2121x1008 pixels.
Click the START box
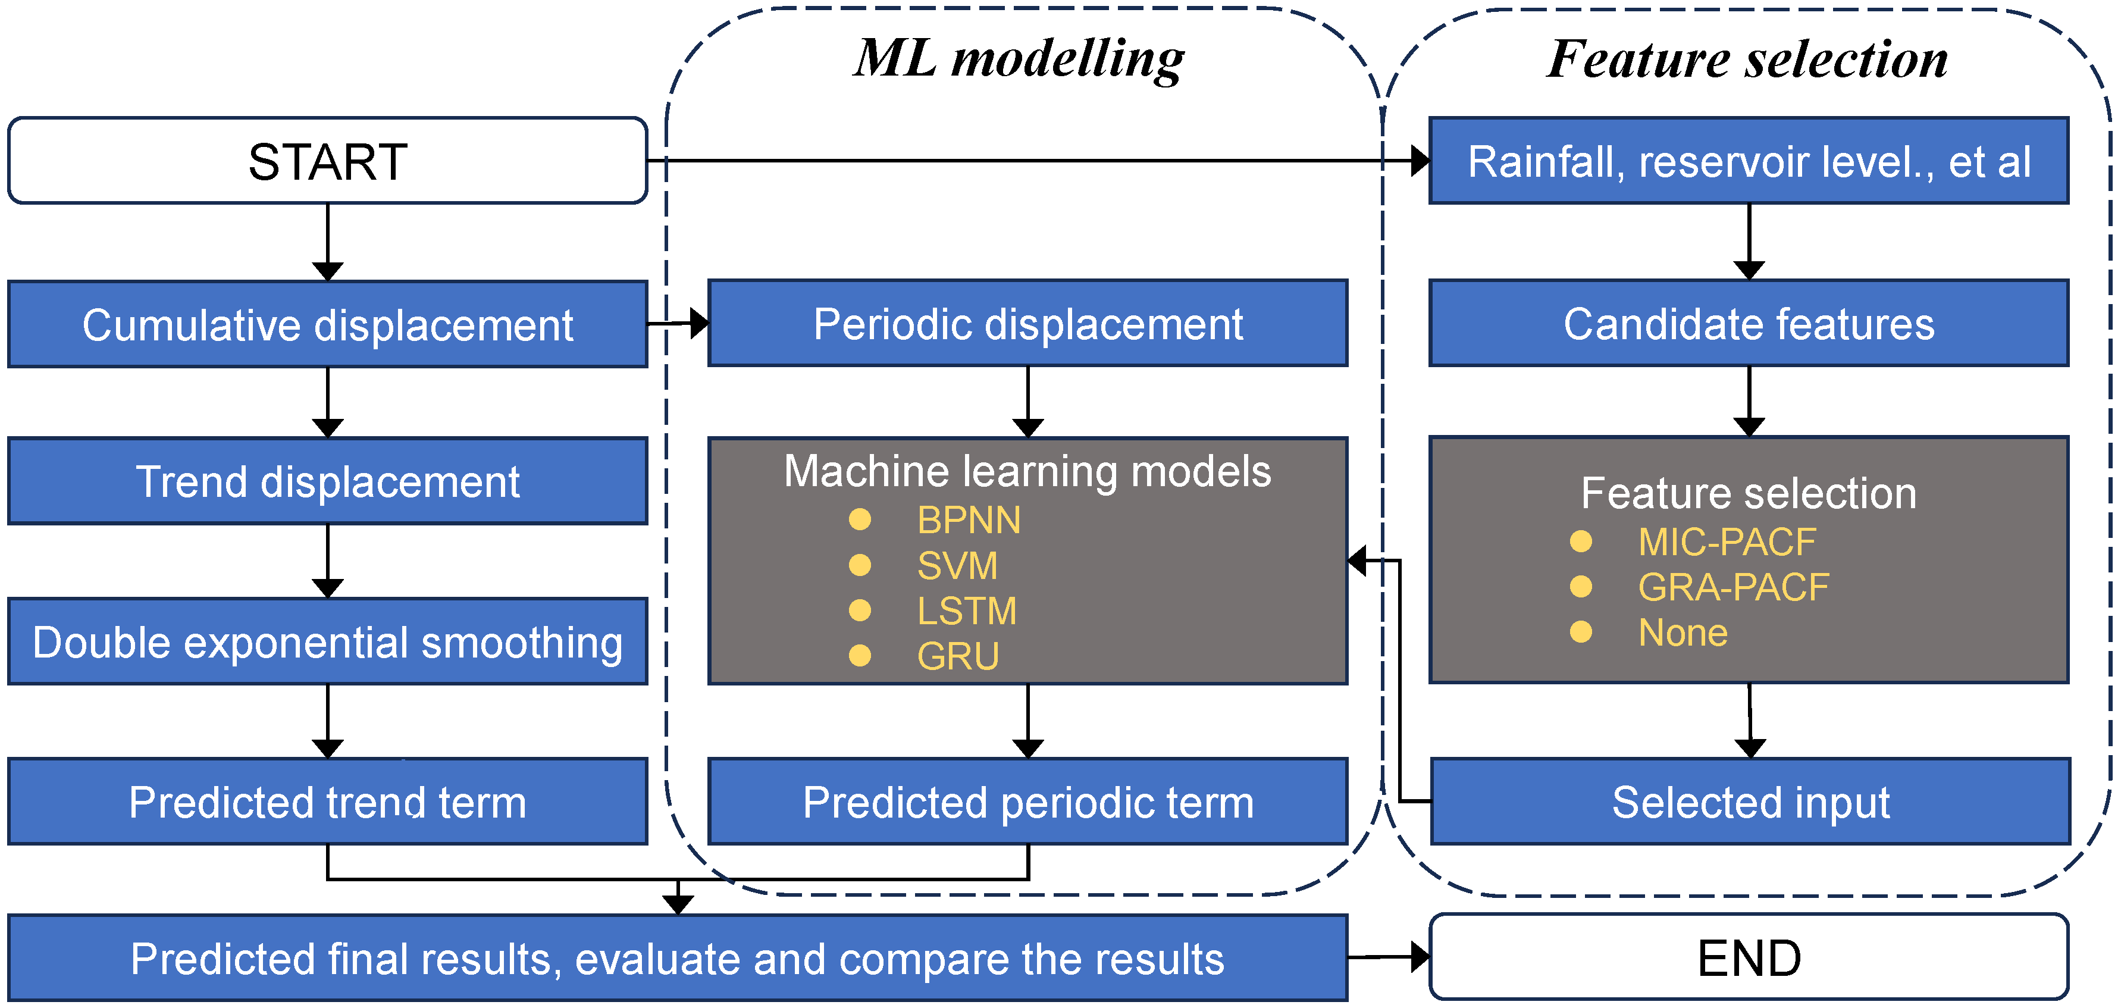(328, 161)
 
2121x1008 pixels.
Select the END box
(1748, 958)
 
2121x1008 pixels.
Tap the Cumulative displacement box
(328, 324)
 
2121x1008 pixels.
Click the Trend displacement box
(328, 482)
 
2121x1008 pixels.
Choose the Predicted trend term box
(328, 802)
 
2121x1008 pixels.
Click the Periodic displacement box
(1027, 324)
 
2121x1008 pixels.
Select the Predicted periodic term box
(1027, 802)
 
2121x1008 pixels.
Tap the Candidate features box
(1748, 324)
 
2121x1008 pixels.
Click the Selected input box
(1750, 802)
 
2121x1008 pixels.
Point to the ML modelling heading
(1019, 60)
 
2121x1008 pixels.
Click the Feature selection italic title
(1747, 60)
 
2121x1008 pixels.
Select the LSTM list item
(967, 611)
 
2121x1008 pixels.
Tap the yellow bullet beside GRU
(860, 656)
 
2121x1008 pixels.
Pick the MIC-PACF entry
(1726, 542)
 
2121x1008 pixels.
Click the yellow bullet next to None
(1580, 632)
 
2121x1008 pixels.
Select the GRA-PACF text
(1732, 587)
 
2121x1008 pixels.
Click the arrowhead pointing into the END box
(1420, 957)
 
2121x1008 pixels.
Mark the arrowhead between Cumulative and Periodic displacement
(698, 324)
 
